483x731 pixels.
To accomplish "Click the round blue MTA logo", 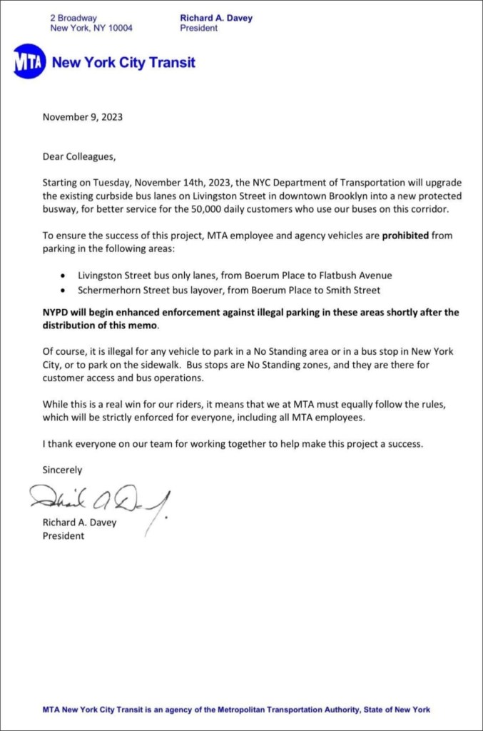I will [29, 62].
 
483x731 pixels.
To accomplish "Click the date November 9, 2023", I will [82, 117].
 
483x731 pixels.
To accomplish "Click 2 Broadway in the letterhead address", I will [73, 17].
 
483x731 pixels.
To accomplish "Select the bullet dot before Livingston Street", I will [64, 276].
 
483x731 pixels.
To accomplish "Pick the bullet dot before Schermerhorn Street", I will [64, 291].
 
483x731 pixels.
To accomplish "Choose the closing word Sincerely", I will [63, 470].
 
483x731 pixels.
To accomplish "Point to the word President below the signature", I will [63, 535].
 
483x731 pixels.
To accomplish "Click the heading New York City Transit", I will [123, 62].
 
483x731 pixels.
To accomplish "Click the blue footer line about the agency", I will [236, 710].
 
